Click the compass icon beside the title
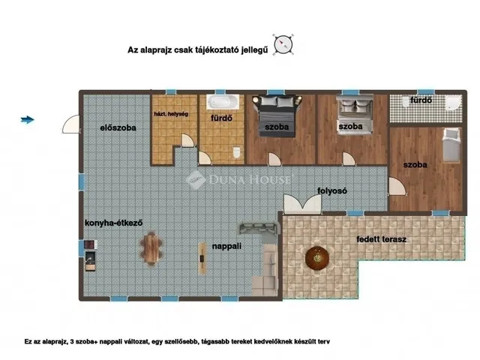pos(283,45)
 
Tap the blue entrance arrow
pos(27,120)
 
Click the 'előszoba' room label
pos(118,128)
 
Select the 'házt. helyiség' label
pos(171,114)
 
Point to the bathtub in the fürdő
pos(223,102)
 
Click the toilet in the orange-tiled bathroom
pos(237,152)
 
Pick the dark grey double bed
pos(277,115)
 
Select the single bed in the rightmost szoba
pos(451,145)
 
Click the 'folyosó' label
pos(332,190)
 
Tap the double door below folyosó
pos(302,204)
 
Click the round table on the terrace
pos(317,259)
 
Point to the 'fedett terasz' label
pos(382,239)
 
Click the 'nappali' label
pos(226,246)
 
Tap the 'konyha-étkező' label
pos(113,223)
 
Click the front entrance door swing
pos(71,124)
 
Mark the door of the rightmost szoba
pos(397,187)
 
